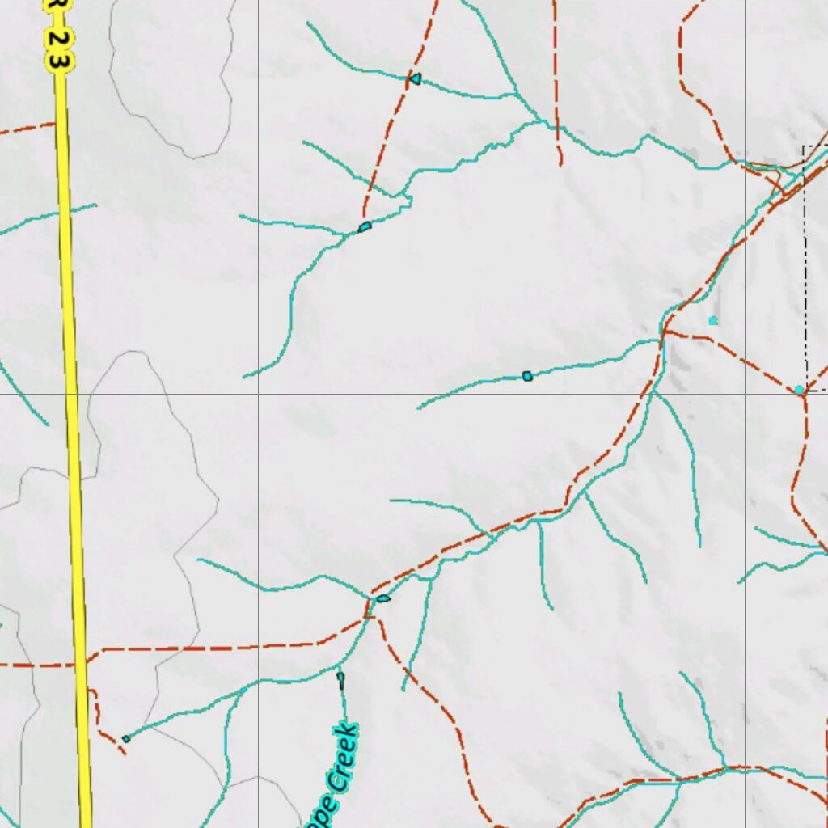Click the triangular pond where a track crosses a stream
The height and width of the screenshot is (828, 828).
pyautogui.click(x=415, y=78)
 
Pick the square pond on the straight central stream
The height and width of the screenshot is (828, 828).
pyautogui.click(x=527, y=376)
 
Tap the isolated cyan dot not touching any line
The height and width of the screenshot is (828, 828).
pyautogui.click(x=712, y=321)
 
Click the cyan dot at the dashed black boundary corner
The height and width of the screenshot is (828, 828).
pyautogui.click(x=799, y=390)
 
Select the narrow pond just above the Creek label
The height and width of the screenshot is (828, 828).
pyautogui.click(x=340, y=678)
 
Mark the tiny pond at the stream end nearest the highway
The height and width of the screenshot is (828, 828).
pyautogui.click(x=126, y=738)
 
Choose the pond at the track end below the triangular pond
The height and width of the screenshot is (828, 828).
pyautogui.click(x=365, y=227)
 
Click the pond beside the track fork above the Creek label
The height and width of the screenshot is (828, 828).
pyautogui.click(x=382, y=598)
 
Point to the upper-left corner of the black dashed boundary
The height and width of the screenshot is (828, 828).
pyautogui.click(x=804, y=147)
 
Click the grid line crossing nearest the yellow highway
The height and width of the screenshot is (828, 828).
pyautogui.click(x=258, y=394)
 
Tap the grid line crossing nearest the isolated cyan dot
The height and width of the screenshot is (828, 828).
pyautogui.click(x=745, y=394)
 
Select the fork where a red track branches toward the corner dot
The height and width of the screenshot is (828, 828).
pyautogui.click(x=665, y=330)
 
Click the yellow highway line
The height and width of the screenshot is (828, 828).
pyautogui.click(x=73, y=404)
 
